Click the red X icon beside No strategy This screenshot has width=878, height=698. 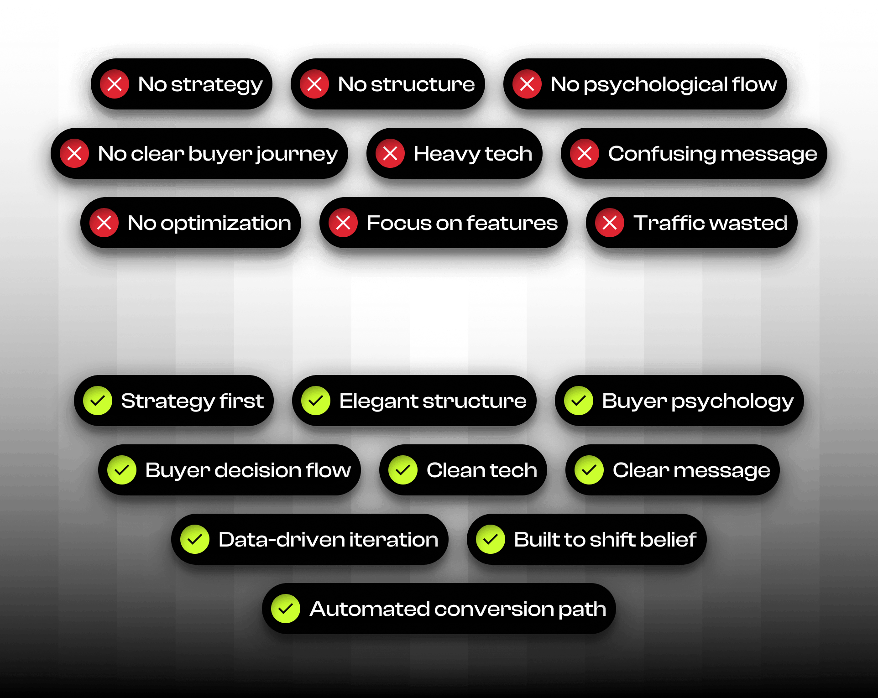115,84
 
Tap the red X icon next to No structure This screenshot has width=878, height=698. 314,84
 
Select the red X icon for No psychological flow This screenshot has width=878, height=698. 527,84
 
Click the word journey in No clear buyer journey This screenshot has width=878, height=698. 297,154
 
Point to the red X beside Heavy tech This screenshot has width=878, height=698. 390,153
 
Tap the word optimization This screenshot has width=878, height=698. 225,224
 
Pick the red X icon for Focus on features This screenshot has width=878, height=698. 343,223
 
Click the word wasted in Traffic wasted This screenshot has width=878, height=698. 748,223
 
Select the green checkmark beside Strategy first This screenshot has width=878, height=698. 98,401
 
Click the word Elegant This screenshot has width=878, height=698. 378,401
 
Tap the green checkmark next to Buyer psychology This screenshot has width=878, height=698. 579,401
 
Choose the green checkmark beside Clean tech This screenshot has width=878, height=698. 403,470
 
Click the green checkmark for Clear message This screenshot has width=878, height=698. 589,470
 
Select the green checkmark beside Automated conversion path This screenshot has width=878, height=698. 286,609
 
